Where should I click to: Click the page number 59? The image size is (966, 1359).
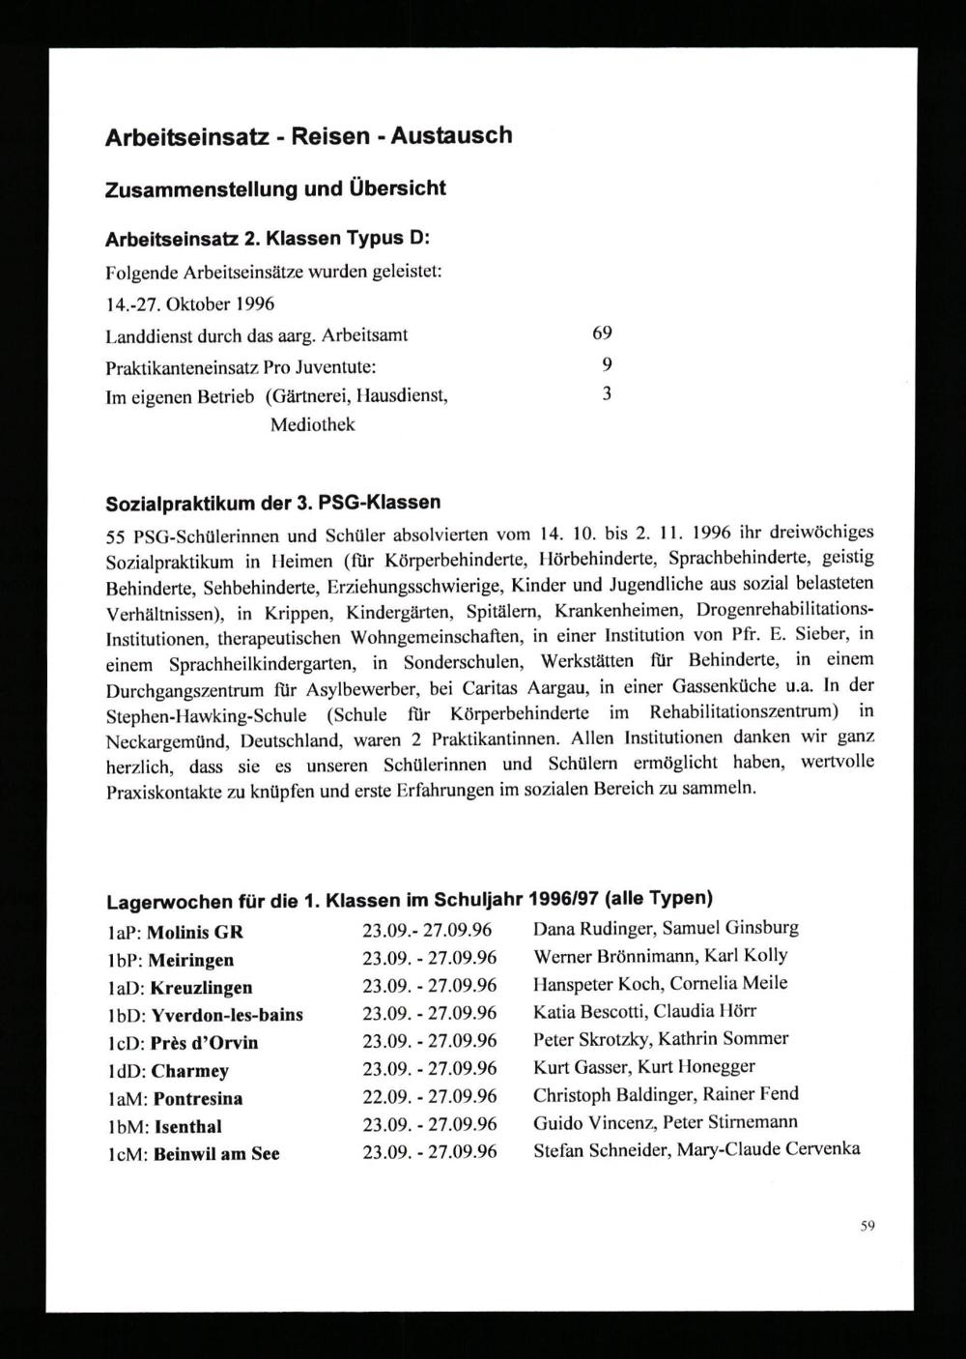pos(867,1227)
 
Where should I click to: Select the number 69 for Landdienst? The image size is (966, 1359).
pos(602,334)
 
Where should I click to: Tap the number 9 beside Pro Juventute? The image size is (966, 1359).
pos(606,364)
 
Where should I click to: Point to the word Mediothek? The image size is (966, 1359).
pos(312,424)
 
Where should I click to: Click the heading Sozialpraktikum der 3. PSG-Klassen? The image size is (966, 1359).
pos(272,503)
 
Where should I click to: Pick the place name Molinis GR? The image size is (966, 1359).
pos(198,933)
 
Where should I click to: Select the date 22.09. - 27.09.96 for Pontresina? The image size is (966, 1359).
pos(429,1098)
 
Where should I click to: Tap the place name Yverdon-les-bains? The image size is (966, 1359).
pos(227,1015)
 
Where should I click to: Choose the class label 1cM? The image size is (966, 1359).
pos(125,1154)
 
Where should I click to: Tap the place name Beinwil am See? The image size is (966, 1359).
pos(216,1154)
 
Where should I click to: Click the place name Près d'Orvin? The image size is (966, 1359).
pos(205,1043)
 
